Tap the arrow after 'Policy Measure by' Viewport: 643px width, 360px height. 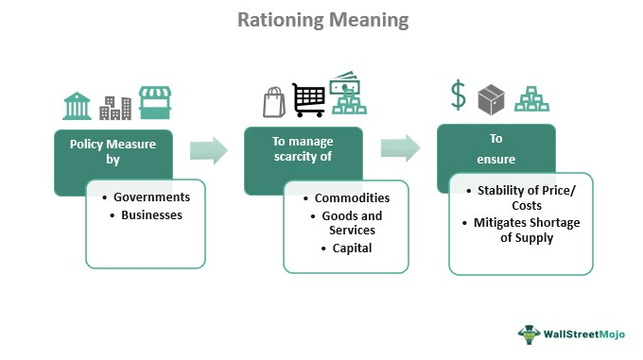pyautogui.click(x=209, y=150)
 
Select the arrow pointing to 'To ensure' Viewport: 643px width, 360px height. pyautogui.click(x=400, y=147)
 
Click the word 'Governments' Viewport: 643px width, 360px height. pyautogui.click(x=151, y=197)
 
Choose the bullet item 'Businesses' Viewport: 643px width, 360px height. pyautogui.click(x=151, y=214)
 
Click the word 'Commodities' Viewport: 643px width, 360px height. pyautogui.click(x=352, y=198)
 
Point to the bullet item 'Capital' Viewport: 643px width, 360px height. pyautogui.click(x=352, y=249)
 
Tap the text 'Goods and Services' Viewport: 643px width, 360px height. pyautogui.click(x=352, y=223)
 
